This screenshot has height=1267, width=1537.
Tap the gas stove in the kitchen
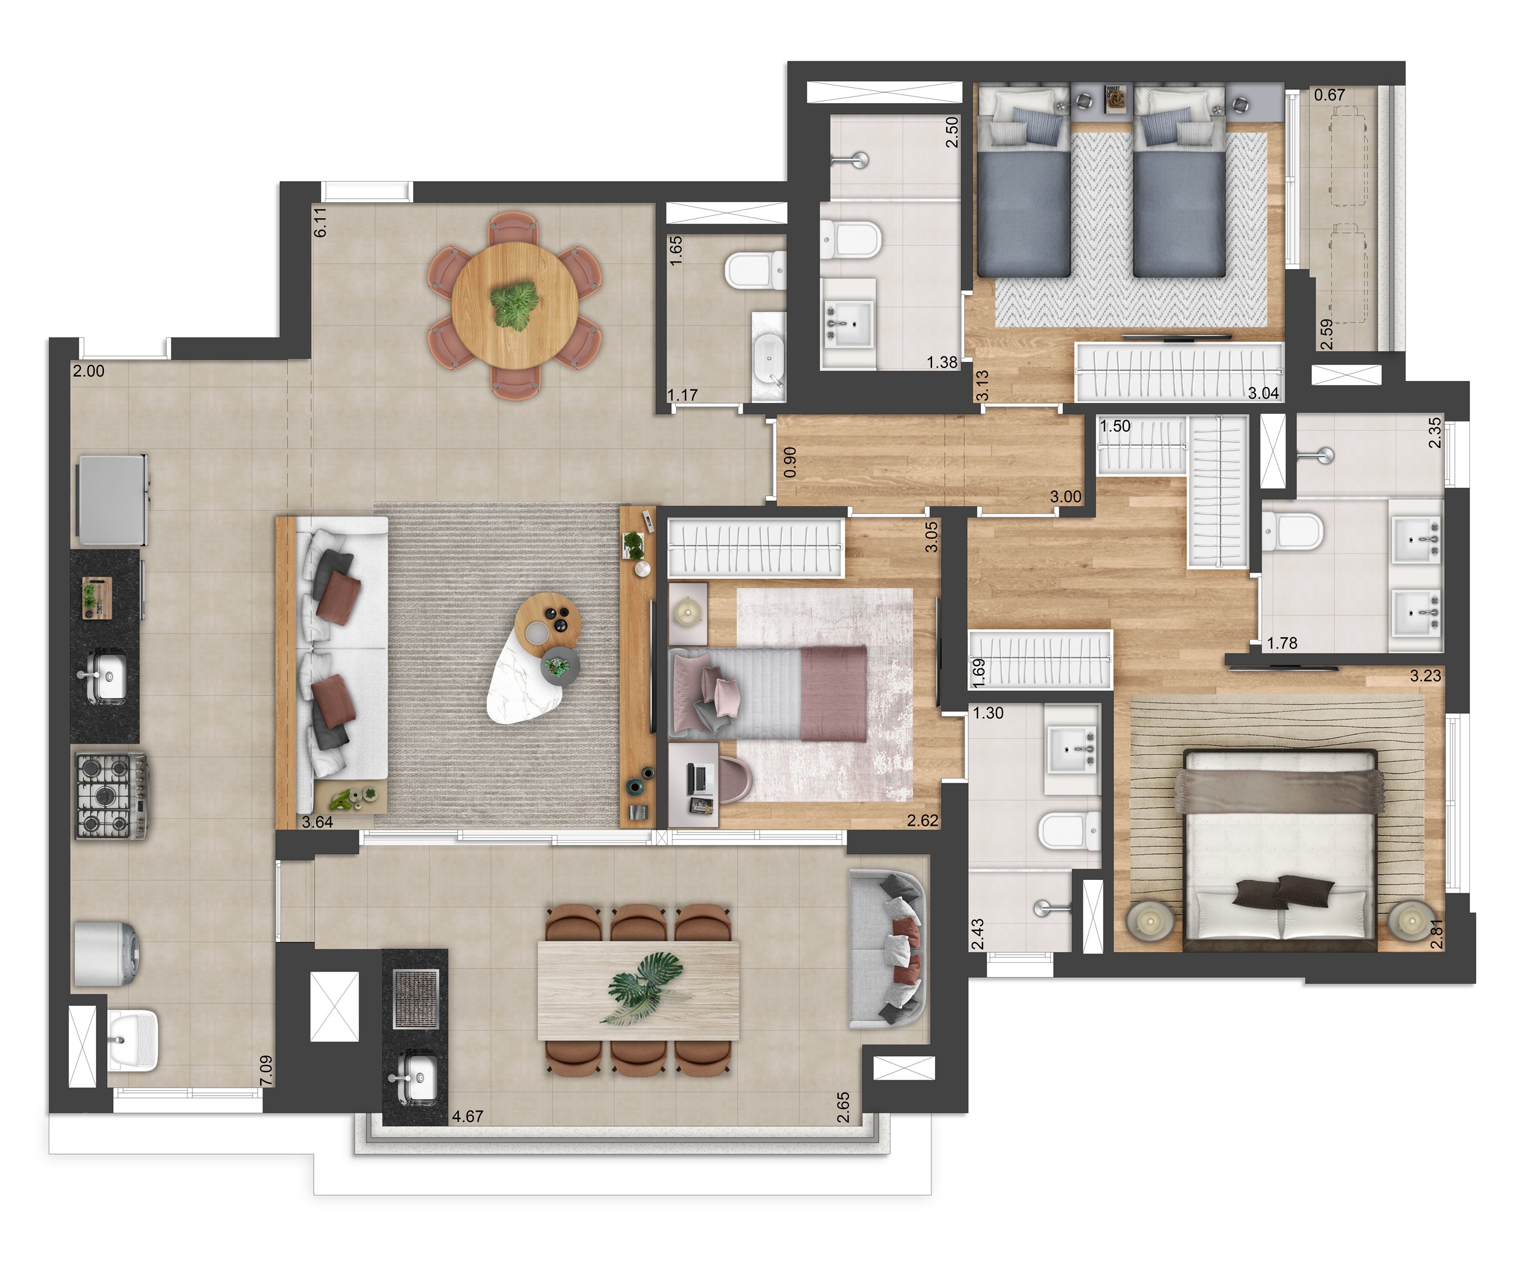tap(112, 797)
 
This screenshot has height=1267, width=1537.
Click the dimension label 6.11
tap(320, 222)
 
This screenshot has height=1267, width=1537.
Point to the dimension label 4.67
tap(467, 1116)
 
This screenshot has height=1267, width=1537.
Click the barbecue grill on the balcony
tap(416, 998)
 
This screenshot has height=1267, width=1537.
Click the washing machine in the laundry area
tap(106, 954)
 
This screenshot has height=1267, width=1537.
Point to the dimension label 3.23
tap(1425, 676)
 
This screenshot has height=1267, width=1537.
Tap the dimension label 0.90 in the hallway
tap(789, 462)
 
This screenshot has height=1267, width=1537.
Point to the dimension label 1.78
tap(1282, 643)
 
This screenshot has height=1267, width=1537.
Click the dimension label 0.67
tap(1330, 95)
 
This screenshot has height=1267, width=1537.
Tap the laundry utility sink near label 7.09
tap(133, 1039)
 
